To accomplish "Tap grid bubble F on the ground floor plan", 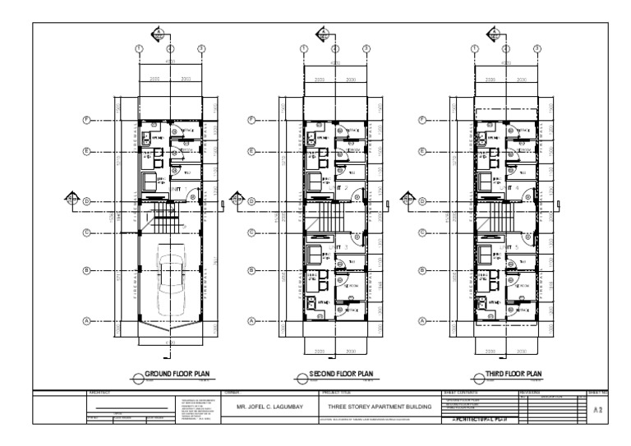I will (86, 120).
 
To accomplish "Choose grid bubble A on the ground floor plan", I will (86, 321).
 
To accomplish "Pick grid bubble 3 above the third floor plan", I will (537, 49).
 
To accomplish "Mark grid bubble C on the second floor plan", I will (251, 232).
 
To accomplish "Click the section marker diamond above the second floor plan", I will (323, 34).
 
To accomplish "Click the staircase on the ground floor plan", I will (164, 220).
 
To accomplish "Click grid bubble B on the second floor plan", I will (251, 271).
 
